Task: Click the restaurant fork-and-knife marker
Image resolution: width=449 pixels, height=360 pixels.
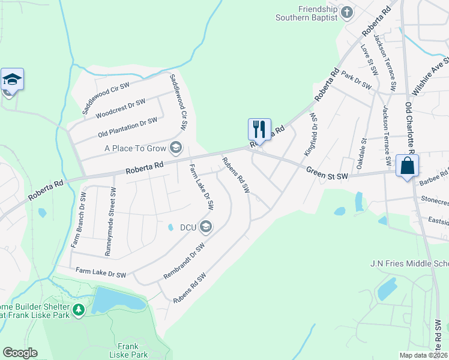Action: point(259,129)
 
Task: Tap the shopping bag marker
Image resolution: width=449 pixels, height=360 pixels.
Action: point(407,165)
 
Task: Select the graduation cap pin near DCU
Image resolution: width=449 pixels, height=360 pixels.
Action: point(206,226)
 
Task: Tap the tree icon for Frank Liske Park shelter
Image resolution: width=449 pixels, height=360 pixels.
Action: point(79,310)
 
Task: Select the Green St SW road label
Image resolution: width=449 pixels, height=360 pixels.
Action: point(327,173)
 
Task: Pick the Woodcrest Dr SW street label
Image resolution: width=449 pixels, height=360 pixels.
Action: point(121,108)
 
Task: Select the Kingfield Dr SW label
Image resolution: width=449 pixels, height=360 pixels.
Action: point(313,131)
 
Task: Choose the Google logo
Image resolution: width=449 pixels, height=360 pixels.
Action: point(20,353)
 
